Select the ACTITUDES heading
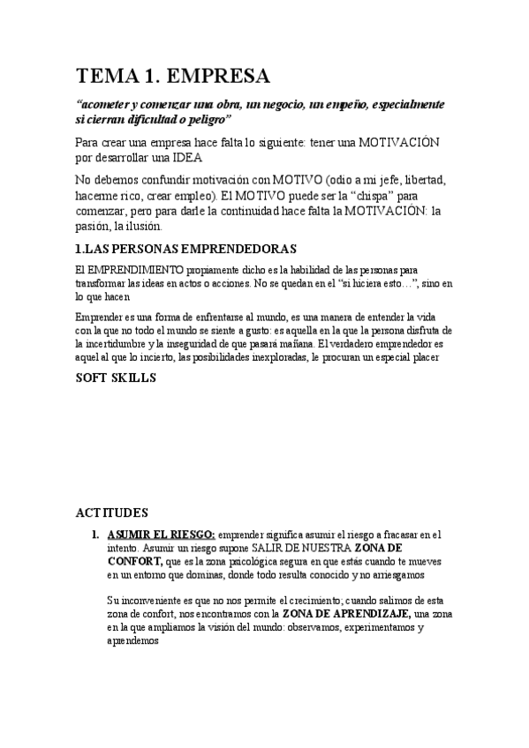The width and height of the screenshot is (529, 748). click(113, 512)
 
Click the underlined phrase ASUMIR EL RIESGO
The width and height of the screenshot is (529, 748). click(160, 535)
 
